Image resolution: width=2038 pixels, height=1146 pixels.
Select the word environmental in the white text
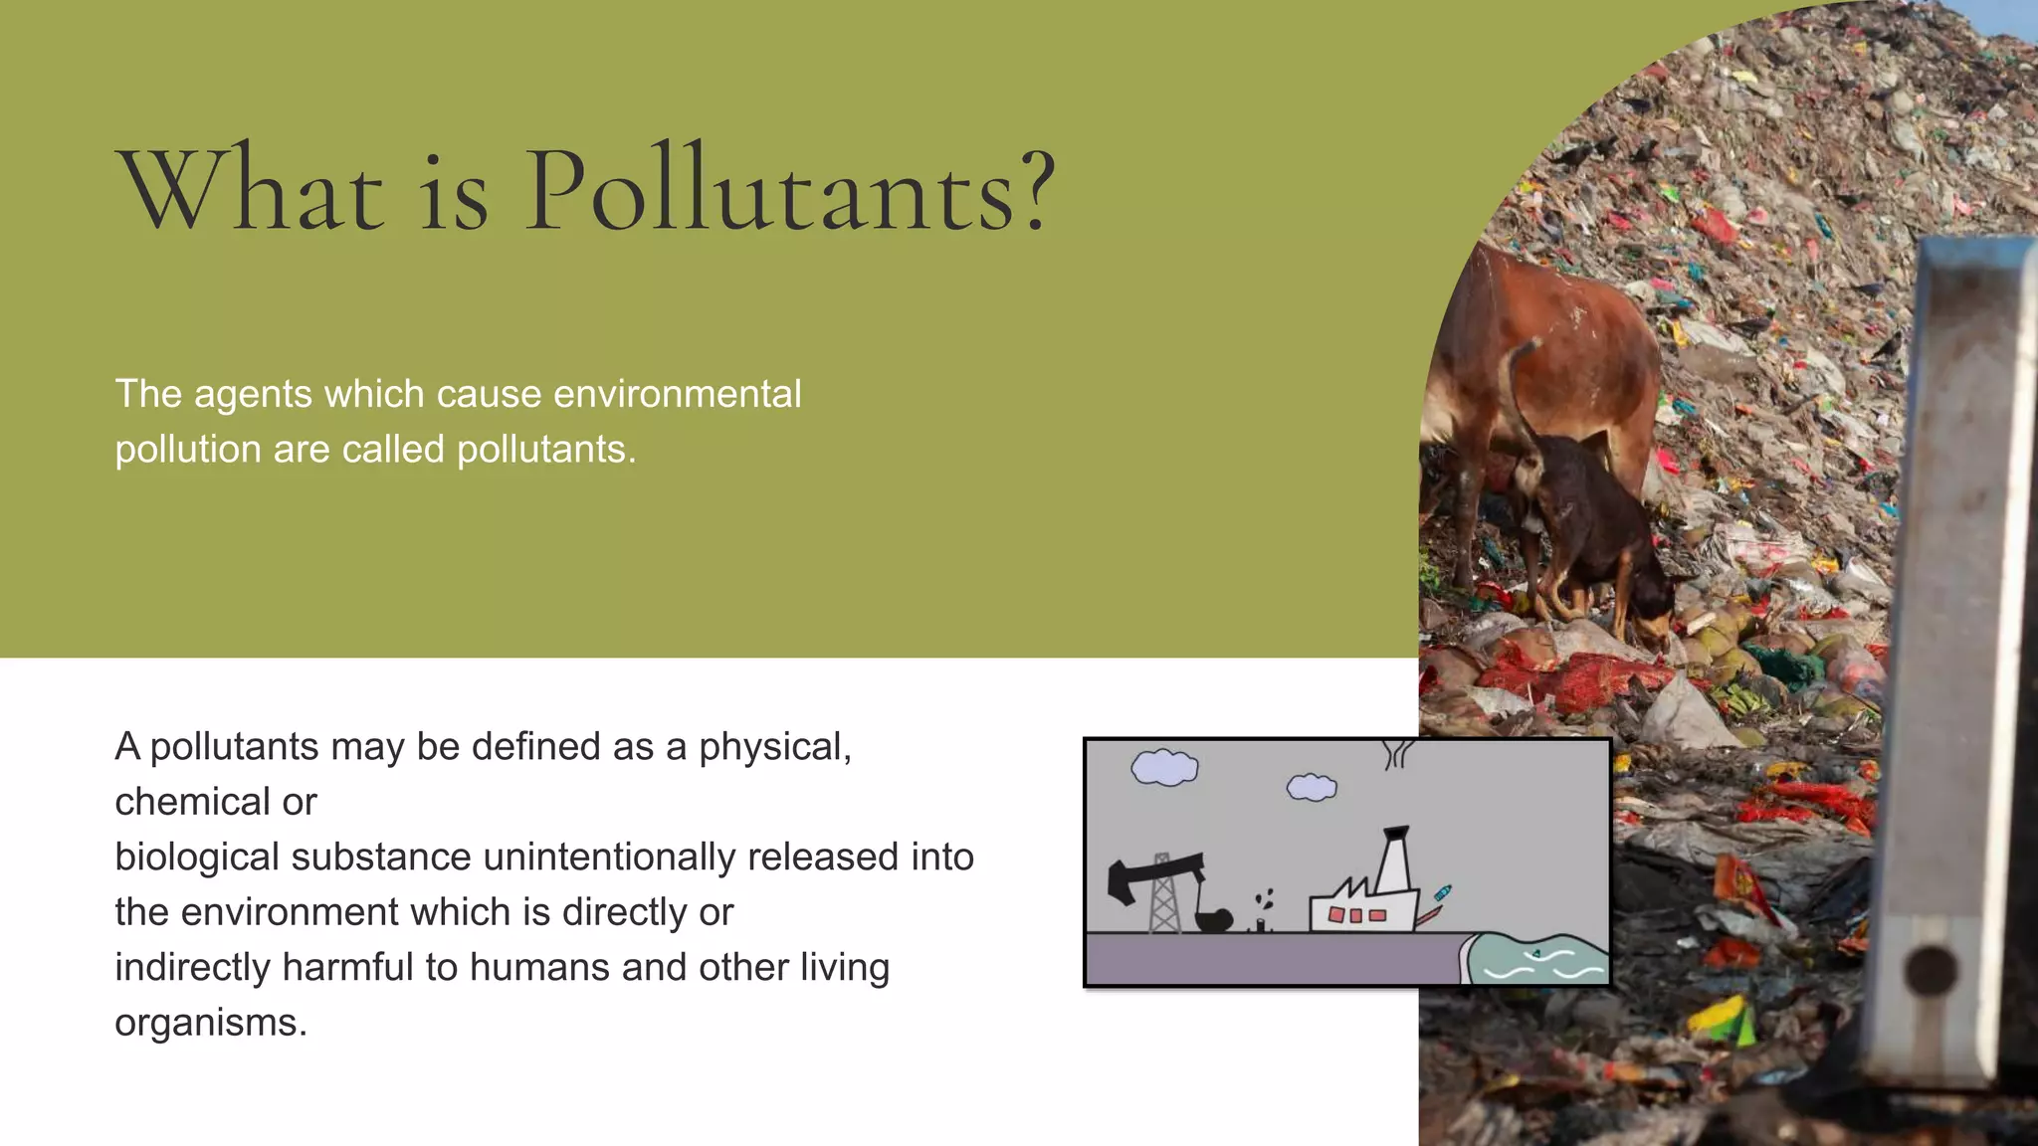tap(677, 394)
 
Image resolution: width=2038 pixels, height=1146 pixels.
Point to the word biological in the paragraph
tap(193, 858)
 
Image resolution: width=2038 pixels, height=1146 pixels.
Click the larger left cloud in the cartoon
tap(1164, 767)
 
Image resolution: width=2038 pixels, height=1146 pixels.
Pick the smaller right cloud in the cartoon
tap(1312, 788)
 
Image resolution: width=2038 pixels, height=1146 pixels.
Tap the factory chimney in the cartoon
tap(1395, 857)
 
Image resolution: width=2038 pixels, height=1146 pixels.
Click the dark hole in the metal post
tap(1932, 970)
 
